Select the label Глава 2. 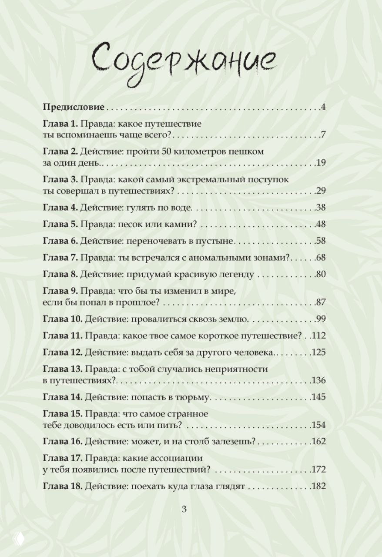point(60,151)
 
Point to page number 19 point(322,163)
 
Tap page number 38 point(322,208)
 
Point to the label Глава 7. point(60,258)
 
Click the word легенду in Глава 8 point(236,275)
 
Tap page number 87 point(322,303)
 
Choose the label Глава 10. point(62,319)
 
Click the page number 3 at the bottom point(184,510)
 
